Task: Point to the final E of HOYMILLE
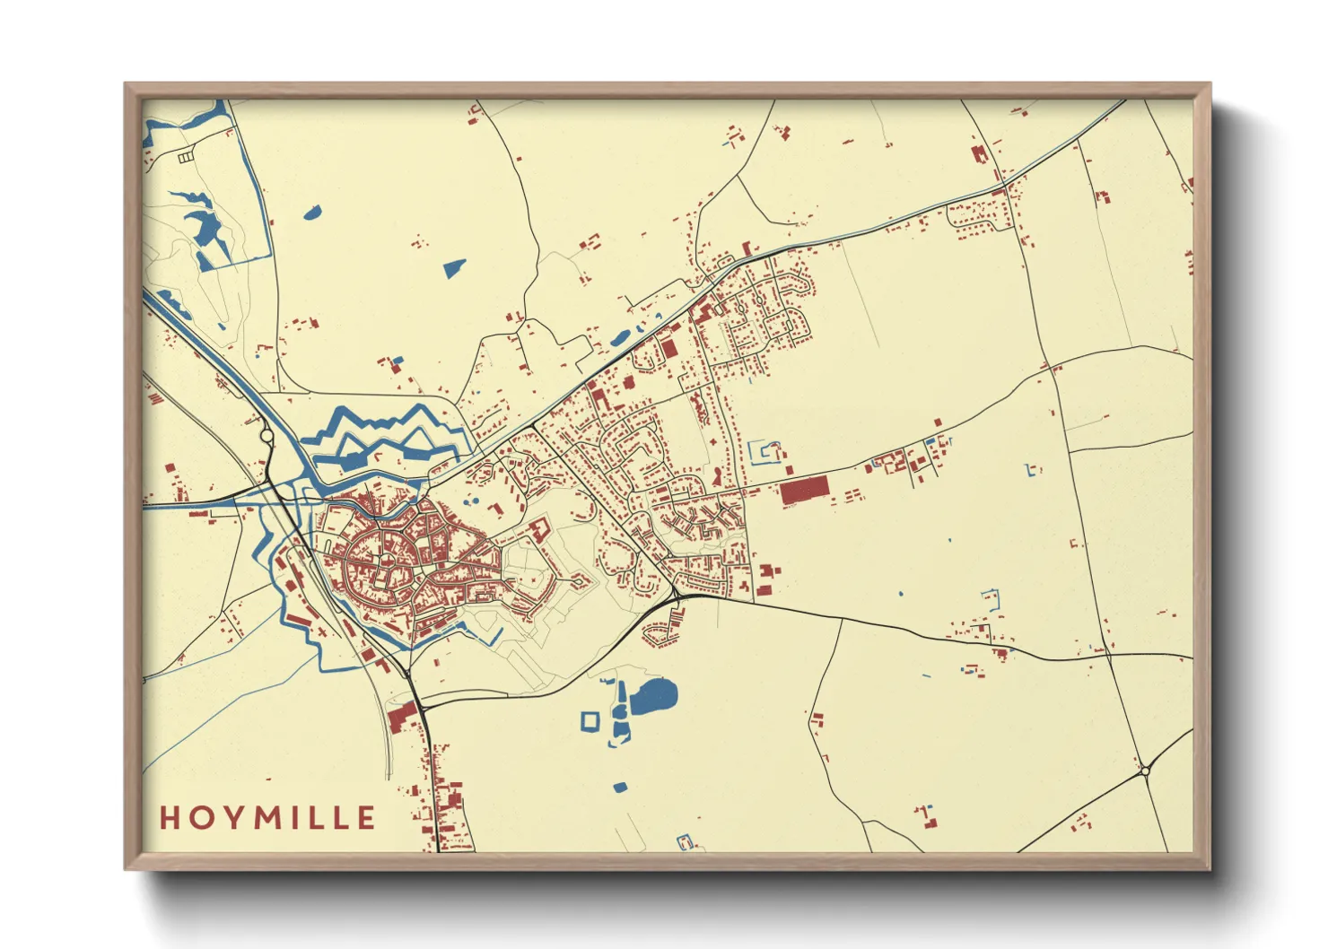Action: [365, 818]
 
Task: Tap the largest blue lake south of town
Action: [654, 696]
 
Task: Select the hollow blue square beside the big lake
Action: [590, 720]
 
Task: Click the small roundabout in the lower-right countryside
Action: [1145, 770]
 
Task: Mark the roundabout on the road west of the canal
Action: [266, 436]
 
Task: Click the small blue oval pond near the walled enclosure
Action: [311, 213]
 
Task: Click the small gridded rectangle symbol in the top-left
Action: [185, 157]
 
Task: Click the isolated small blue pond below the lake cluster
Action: [619, 788]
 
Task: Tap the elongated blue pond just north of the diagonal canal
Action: [620, 338]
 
